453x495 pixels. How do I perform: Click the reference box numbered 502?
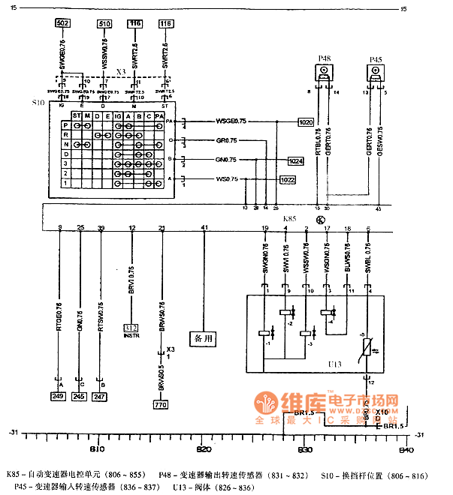(x=63, y=24)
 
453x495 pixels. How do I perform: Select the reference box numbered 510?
(x=104, y=24)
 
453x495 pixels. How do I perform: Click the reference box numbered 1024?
(x=296, y=160)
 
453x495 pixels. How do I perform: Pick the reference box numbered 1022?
(x=287, y=180)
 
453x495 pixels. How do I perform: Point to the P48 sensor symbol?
(x=324, y=71)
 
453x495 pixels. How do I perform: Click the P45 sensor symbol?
(x=376, y=72)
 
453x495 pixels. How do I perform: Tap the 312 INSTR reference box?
(x=131, y=328)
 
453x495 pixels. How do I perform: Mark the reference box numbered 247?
(x=101, y=395)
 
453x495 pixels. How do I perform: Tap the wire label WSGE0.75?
(x=231, y=120)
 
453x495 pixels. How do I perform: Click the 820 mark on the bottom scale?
(x=204, y=449)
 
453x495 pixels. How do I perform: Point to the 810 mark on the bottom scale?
(x=97, y=449)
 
